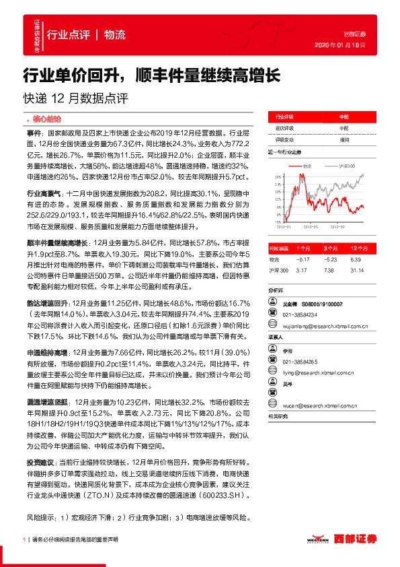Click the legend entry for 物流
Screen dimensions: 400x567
point(309,164)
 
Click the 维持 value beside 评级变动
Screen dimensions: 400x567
point(344,139)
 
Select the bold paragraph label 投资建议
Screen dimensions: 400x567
point(38,463)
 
